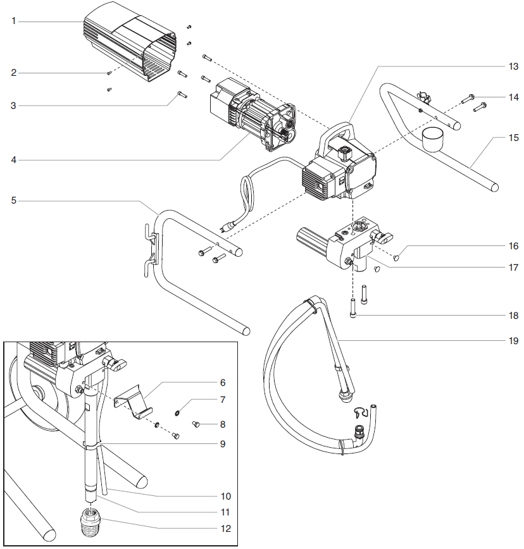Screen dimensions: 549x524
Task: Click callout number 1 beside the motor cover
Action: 13,22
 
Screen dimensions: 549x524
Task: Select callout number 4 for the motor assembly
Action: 13,161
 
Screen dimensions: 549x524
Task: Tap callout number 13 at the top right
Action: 513,66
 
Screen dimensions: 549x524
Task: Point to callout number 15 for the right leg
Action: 513,137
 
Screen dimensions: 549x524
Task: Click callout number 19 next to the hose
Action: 513,341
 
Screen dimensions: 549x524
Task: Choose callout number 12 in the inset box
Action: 225,527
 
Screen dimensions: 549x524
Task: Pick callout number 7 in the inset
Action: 223,400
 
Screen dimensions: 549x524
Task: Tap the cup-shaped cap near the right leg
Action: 433,137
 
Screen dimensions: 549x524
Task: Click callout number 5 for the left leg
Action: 13,201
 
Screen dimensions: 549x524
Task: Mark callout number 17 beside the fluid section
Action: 513,268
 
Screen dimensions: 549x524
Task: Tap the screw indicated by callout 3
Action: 182,95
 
